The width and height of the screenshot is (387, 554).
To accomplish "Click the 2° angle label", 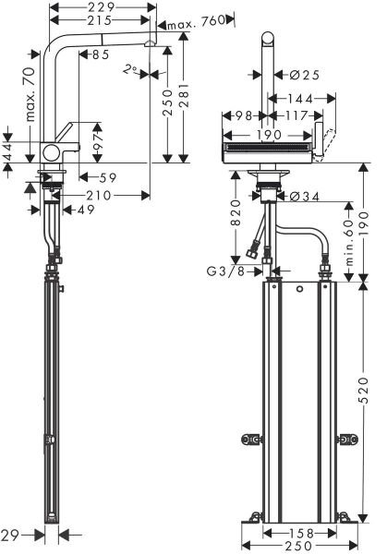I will (132, 67).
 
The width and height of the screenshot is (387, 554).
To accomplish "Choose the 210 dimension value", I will (101, 195).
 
